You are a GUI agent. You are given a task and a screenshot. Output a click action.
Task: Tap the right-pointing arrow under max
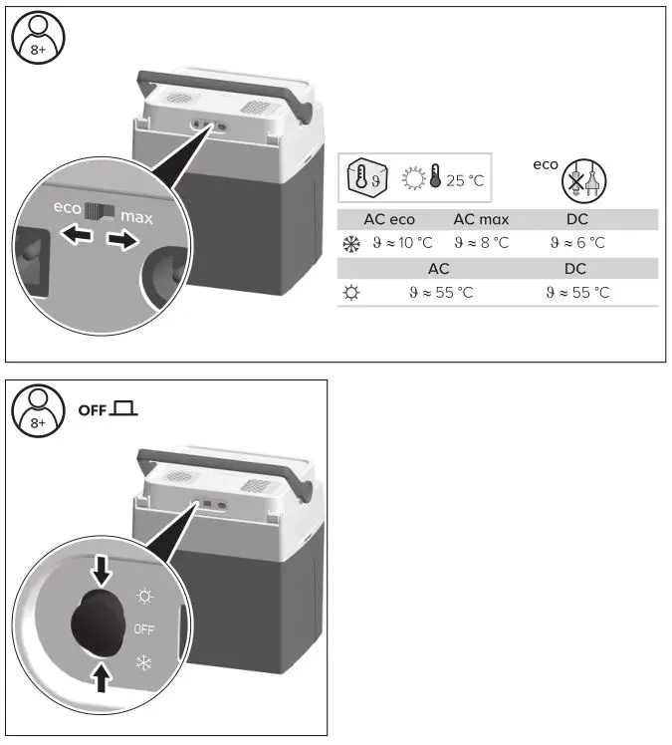[120, 242]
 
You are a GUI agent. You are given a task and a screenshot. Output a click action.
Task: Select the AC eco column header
[389, 219]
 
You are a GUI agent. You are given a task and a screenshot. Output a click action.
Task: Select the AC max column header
[481, 219]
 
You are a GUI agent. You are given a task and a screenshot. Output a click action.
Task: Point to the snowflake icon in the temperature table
[349, 242]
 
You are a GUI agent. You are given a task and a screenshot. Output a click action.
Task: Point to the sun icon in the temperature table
[349, 293]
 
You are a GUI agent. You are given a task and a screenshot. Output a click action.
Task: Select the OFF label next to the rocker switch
[145, 629]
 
